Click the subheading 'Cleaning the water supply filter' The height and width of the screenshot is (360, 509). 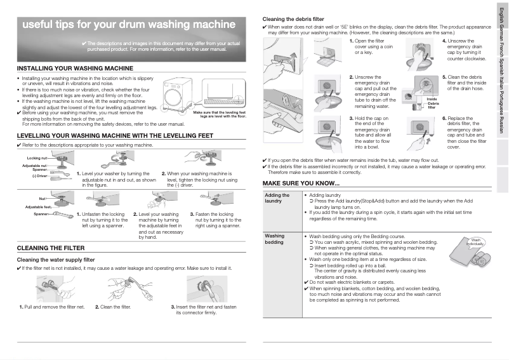pos(55,260)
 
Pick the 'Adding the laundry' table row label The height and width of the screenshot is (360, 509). pos(277,198)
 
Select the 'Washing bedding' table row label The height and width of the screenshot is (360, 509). pos(274,239)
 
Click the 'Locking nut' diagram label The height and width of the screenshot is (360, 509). pos(37,157)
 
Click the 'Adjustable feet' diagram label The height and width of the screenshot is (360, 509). pos(37,207)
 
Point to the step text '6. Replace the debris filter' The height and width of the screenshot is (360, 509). pos(463,132)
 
